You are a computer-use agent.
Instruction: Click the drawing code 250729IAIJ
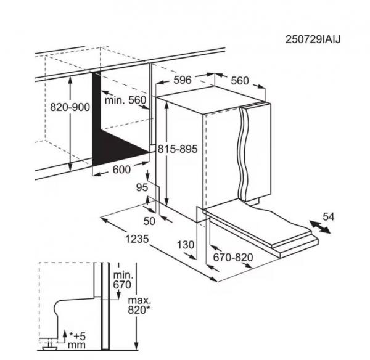(x=313, y=39)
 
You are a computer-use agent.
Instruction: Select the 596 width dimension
(x=183, y=80)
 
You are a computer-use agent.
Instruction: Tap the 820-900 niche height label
(x=70, y=107)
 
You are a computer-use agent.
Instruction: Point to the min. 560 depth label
(x=126, y=100)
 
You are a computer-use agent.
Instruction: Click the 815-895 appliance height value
(x=178, y=149)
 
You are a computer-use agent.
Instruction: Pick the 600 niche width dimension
(x=121, y=170)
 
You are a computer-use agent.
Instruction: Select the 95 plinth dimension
(x=142, y=187)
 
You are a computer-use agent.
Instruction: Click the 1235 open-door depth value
(x=137, y=239)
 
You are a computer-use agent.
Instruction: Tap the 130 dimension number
(x=186, y=245)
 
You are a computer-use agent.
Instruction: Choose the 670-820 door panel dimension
(x=233, y=258)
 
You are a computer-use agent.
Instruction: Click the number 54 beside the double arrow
(x=329, y=216)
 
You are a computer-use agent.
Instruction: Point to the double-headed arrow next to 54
(x=320, y=227)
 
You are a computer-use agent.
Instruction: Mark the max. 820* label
(x=139, y=305)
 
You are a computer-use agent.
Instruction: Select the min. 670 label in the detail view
(x=123, y=280)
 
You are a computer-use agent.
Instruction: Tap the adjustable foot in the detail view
(x=50, y=345)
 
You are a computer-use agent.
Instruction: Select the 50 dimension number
(x=150, y=221)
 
